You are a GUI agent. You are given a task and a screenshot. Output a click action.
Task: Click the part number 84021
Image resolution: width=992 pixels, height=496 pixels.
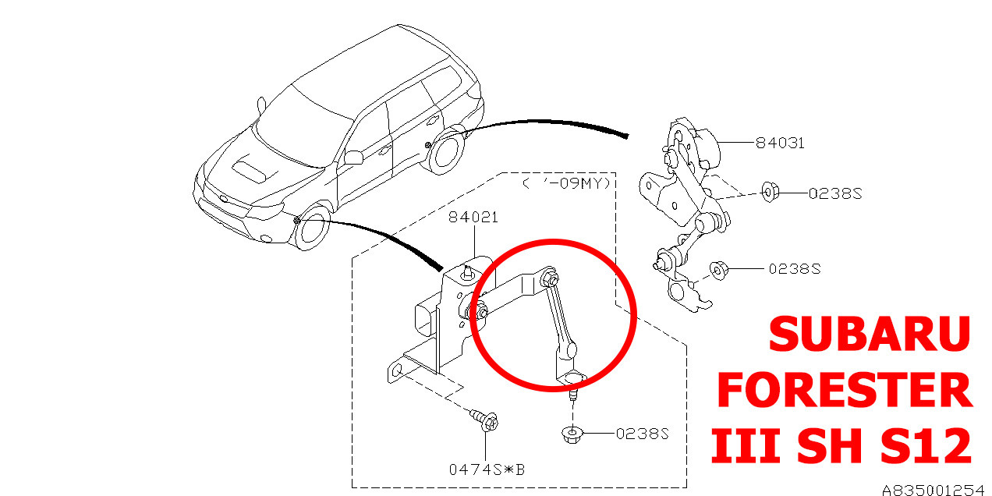[x=473, y=218]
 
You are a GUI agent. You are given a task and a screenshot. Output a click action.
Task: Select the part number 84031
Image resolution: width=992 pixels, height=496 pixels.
[x=779, y=143]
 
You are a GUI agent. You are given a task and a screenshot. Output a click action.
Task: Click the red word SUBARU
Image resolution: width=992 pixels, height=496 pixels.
[x=869, y=334]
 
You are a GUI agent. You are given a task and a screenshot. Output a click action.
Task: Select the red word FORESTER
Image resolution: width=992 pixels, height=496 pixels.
[x=845, y=391]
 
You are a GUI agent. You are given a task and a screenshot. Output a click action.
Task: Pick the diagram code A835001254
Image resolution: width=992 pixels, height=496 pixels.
[x=933, y=490]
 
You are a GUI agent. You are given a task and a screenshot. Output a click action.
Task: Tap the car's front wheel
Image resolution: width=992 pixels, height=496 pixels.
[x=314, y=229]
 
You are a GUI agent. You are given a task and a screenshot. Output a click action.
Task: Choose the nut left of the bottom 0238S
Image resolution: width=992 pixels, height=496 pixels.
[x=572, y=434]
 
